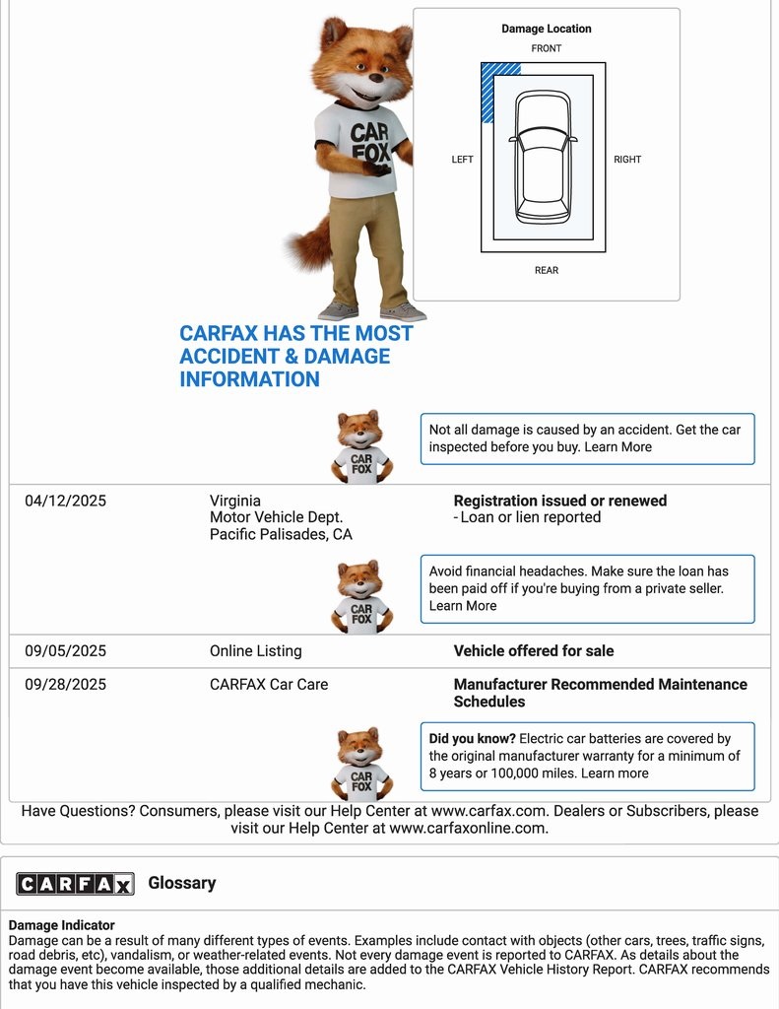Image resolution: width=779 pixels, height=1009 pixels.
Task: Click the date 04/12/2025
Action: (65, 501)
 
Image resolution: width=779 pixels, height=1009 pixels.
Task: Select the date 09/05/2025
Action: (65, 651)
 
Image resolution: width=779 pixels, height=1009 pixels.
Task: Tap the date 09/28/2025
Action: (65, 685)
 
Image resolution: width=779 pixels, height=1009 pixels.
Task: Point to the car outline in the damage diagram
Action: (543, 157)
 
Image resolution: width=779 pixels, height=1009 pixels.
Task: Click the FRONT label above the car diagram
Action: (547, 48)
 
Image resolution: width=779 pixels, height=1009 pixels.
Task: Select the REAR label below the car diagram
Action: (547, 270)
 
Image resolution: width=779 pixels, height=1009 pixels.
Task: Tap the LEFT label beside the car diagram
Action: (462, 160)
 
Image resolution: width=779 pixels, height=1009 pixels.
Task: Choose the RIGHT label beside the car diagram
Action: (627, 160)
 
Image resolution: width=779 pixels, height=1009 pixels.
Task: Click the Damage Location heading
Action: (547, 30)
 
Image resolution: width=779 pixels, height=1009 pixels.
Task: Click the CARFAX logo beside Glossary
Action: (75, 884)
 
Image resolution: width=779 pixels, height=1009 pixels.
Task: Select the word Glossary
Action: (182, 883)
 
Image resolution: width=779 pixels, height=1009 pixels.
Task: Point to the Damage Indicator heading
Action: (62, 925)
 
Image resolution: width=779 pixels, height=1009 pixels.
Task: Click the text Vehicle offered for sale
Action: (534, 651)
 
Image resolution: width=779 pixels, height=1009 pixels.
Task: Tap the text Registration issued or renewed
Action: (560, 501)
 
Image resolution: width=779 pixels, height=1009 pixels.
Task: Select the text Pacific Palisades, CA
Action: (281, 535)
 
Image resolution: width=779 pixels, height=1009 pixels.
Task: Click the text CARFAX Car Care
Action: (269, 685)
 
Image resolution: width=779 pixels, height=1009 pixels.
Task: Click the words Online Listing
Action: (256, 651)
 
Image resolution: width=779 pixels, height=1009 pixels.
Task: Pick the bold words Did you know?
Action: (472, 738)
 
